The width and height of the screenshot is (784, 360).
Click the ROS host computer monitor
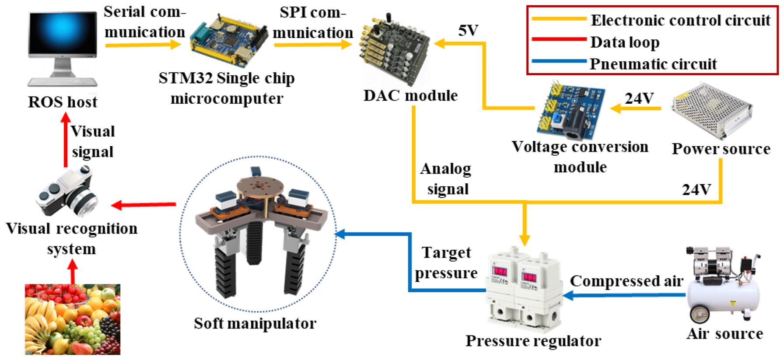point(63,37)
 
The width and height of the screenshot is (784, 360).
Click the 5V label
point(468,31)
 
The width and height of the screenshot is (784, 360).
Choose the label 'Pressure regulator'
point(533,341)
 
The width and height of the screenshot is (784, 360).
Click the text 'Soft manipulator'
point(255,324)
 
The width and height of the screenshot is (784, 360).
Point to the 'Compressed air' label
point(626,281)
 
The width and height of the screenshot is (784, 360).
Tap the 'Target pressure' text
point(446,262)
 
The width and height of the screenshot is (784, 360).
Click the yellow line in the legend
point(559,19)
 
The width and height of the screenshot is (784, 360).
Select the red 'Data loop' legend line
point(559,39)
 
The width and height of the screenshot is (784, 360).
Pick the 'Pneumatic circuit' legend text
point(653,64)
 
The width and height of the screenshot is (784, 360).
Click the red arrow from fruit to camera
point(73,271)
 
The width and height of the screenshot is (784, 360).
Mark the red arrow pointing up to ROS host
point(66,140)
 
